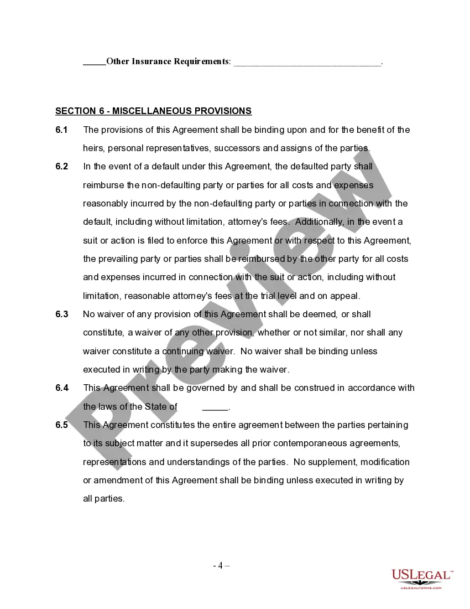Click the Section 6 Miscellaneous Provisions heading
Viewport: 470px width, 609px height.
(x=153, y=111)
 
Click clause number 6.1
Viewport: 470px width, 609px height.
(x=61, y=130)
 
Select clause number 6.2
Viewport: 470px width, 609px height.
(x=61, y=167)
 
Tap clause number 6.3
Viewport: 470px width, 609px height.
(x=61, y=314)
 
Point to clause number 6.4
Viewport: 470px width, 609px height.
(x=61, y=388)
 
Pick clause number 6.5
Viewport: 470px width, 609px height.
(x=61, y=425)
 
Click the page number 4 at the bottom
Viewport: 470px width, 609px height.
(x=221, y=565)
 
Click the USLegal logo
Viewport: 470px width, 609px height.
(x=422, y=579)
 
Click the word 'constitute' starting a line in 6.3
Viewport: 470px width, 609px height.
(x=102, y=333)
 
